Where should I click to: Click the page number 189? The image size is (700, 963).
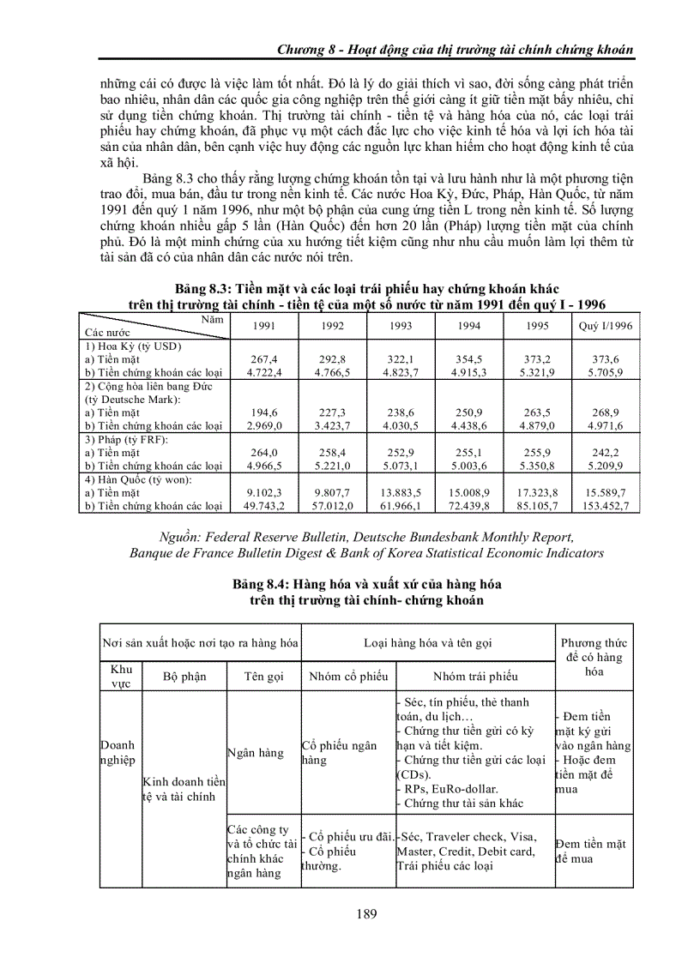[x=366, y=914]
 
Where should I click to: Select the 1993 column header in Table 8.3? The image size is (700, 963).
[x=401, y=326]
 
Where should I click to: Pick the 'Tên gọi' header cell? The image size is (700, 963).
[x=263, y=676]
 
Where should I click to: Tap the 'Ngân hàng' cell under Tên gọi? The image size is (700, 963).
[x=255, y=753]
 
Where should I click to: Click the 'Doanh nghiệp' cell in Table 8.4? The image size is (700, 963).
[x=118, y=753]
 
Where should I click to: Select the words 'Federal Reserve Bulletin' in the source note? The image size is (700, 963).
[x=269, y=537]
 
